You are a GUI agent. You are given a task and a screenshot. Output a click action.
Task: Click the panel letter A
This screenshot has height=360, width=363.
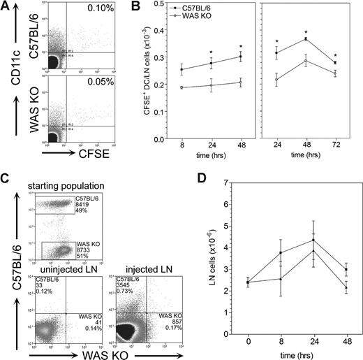click(x=6, y=7)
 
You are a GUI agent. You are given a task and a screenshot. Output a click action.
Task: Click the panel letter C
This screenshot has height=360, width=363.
click(x=7, y=182)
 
